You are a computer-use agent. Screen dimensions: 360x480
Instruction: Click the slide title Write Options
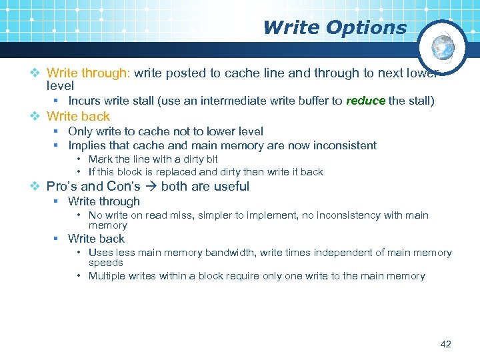pyautogui.click(x=334, y=27)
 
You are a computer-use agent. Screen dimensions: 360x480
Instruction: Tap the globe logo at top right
pyautogui.click(x=443, y=47)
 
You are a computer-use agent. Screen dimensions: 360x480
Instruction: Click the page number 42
pyautogui.click(x=446, y=344)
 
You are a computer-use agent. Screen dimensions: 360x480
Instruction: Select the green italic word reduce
pyautogui.click(x=365, y=101)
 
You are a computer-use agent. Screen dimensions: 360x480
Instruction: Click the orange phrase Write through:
pyautogui.click(x=89, y=73)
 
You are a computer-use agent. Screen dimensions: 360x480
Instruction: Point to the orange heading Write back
pyautogui.click(x=78, y=116)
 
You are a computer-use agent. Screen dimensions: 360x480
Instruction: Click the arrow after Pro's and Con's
pyautogui.click(x=151, y=187)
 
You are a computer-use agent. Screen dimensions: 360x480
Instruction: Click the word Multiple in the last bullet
pyautogui.click(x=107, y=276)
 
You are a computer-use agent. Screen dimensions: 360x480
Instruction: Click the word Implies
pyautogui.click(x=86, y=145)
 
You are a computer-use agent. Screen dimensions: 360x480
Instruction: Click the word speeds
pyautogui.click(x=106, y=263)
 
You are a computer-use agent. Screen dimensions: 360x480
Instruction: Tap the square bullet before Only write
pyautogui.click(x=58, y=132)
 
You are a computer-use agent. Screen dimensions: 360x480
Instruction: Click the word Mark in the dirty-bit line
pyautogui.click(x=100, y=159)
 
